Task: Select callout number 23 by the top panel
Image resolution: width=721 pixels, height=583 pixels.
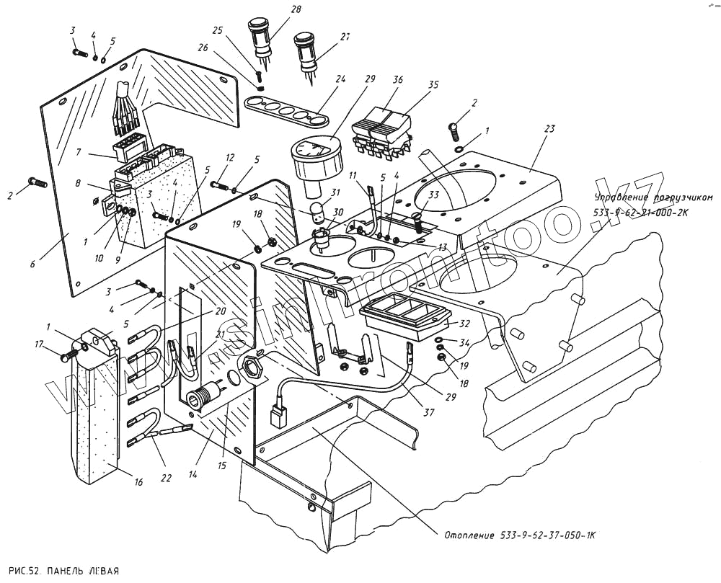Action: [x=549, y=130]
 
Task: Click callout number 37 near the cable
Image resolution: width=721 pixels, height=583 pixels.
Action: [x=429, y=413]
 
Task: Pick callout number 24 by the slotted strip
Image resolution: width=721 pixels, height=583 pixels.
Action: [x=340, y=79]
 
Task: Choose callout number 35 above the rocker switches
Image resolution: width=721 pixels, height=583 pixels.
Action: [x=433, y=84]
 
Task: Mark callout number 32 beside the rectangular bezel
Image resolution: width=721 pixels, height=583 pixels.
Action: [x=464, y=324]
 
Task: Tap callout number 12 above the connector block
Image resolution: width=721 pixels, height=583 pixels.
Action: [x=230, y=157]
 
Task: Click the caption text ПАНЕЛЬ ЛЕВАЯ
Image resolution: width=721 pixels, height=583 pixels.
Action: [x=82, y=569]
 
